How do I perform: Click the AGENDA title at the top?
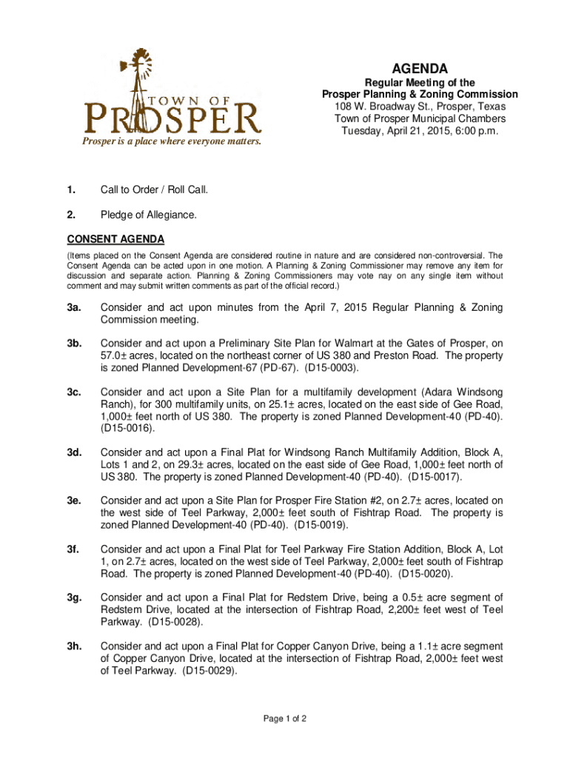pos(419,68)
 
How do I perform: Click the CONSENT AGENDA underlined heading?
pos(115,239)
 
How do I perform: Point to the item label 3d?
pos(75,452)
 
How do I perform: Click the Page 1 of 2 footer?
pos(285,718)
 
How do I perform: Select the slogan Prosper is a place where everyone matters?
pos(172,141)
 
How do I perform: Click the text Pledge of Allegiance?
pos(150,215)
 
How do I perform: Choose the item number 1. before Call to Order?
pos(72,190)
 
